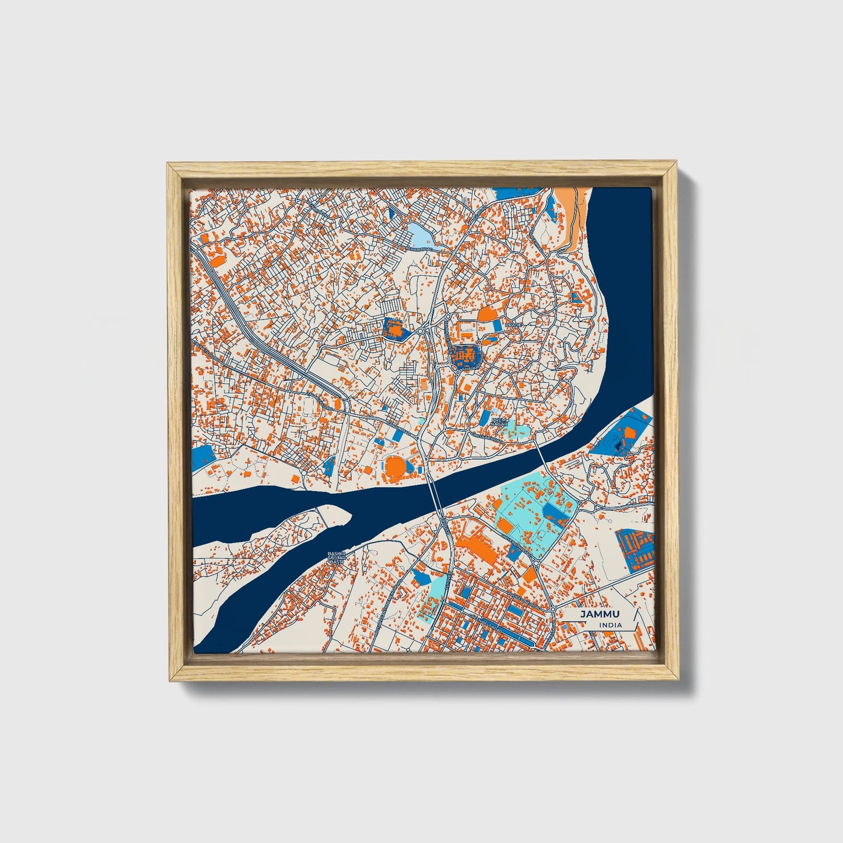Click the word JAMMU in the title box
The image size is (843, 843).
[600, 615]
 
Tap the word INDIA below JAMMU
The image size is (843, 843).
[610, 625]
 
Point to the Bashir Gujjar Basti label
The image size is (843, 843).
[337, 557]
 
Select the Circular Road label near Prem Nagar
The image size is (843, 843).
[488, 437]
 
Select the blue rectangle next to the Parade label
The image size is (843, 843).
[497, 324]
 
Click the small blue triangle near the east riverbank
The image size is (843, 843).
[576, 298]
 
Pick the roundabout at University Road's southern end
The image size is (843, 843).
[536, 564]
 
